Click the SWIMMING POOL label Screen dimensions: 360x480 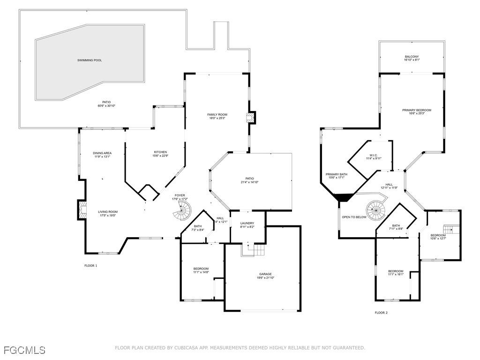(x=90, y=60)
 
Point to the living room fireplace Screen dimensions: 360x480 (x=82, y=210)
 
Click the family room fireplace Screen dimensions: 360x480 (x=252, y=117)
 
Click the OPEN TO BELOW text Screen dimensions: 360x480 (x=354, y=217)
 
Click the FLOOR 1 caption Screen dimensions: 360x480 (x=90, y=266)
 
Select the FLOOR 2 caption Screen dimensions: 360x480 (x=381, y=313)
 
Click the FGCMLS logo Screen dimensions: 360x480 (x=24, y=350)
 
